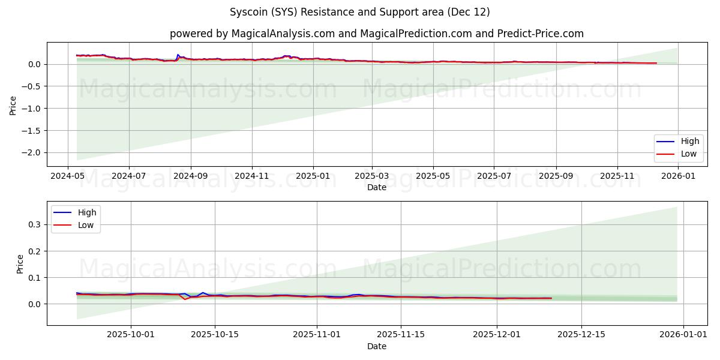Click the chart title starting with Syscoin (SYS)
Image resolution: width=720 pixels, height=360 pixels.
pyautogui.click(x=359, y=12)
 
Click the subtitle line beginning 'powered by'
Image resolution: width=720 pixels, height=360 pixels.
pyautogui.click(x=376, y=34)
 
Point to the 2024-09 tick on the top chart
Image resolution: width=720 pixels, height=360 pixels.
pyautogui.click(x=191, y=177)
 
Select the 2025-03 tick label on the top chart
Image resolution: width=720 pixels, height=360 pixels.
pyautogui.click(x=372, y=177)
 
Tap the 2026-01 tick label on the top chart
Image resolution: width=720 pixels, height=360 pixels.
pyautogui.click(x=678, y=177)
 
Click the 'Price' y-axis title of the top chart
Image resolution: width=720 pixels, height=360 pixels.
pyautogui.click(x=13, y=104)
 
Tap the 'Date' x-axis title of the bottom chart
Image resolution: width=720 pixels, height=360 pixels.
pyautogui.click(x=376, y=347)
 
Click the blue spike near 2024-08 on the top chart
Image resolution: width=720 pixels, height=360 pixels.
pyautogui.click(x=178, y=55)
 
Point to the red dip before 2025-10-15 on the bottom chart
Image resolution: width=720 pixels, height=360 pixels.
pyautogui.click(x=185, y=299)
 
